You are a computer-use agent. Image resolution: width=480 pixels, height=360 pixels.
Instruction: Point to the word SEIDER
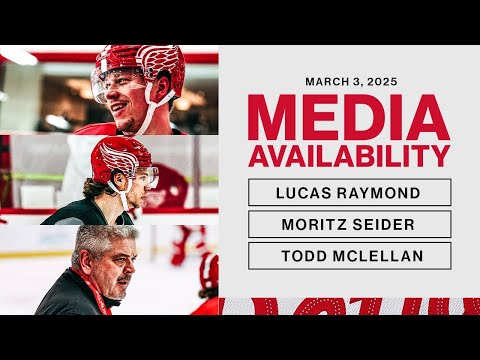pos(376,224)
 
